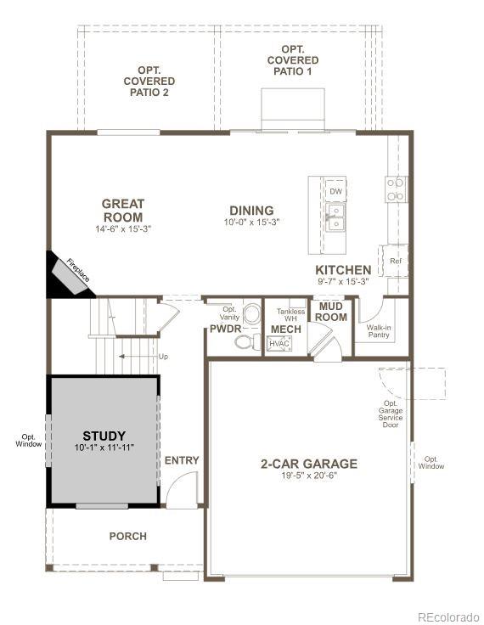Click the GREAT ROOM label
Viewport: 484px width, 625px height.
point(123,211)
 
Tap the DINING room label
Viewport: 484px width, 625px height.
point(251,211)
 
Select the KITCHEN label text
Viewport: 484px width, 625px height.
point(343,270)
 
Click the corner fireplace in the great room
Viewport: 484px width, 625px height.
point(71,275)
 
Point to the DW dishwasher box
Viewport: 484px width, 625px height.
point(335,191)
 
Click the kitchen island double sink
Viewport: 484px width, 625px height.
point(335,217)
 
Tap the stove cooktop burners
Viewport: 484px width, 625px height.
point(396,189)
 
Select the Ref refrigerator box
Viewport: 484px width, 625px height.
point(396,261)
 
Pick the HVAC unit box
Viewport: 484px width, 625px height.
point(279,344)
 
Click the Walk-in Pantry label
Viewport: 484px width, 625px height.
point(379,331)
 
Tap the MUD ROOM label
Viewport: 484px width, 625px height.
point(331,312)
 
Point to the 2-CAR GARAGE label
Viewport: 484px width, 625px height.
point(309,464)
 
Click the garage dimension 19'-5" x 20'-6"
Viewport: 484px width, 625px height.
point(309,476)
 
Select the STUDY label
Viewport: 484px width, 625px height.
point(104,436)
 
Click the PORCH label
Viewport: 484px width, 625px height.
point(128,536)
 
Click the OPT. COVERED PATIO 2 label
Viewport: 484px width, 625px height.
point(149,82)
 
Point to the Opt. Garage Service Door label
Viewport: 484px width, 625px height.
point(391,414)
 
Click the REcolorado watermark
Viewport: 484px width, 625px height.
point(448,617)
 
